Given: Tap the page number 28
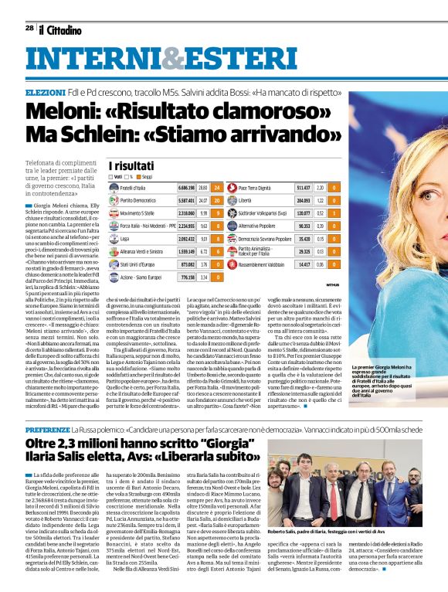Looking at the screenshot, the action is [29, 28].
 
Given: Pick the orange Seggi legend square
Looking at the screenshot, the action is [138, 177].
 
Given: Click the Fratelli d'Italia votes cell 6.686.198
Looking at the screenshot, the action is [186, 188].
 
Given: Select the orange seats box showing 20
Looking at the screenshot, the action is [216, 200].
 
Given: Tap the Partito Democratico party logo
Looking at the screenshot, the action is [114, 200].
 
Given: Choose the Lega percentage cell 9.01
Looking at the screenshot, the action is [202, 240].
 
